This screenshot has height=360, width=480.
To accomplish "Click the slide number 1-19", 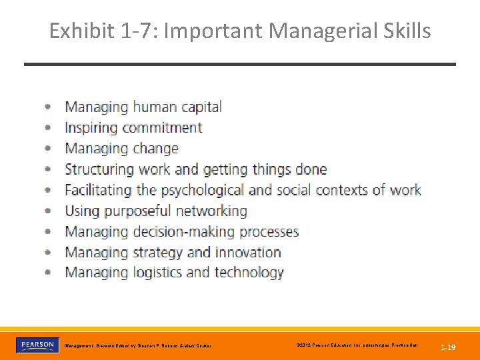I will coord(448,347).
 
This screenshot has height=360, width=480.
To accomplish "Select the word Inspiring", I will coord(91,127).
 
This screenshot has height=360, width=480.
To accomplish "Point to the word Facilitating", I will coord(98,190).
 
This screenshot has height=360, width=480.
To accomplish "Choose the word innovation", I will coord(248,252).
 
